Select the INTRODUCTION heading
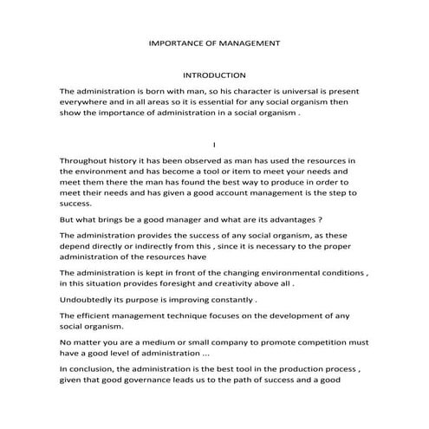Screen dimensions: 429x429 (x=214, y=75)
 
